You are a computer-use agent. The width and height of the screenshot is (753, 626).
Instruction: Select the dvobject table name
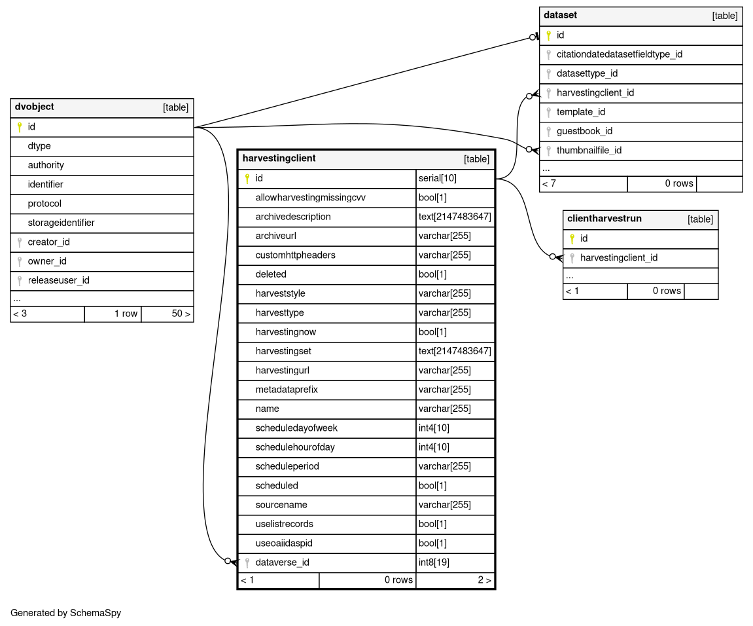(x=34, y=107)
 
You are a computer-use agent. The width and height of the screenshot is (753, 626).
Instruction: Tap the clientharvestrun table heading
(x=604, y=219)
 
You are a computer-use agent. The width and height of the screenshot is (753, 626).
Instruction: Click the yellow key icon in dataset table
(x=548, y=35)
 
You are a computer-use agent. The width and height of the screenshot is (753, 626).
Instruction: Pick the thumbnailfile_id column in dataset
(x=589, y=151)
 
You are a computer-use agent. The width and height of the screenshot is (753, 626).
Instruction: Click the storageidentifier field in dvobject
(x=61, y=223)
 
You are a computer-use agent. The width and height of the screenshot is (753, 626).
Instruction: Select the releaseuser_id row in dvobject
(x=58, y=280)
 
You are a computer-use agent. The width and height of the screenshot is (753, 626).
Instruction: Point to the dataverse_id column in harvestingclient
(x=282, y=562)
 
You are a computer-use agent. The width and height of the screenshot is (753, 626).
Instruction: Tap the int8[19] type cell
(x=434, y=562)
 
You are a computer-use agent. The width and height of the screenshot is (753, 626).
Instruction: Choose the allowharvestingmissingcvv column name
(x=310, y=197)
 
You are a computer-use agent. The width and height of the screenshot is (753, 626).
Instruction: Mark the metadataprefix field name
(x=287, y=390)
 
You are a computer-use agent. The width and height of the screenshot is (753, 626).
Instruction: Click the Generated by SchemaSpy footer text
(x=65, y=614)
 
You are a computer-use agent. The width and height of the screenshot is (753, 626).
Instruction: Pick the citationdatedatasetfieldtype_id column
(x=619, y=54)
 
